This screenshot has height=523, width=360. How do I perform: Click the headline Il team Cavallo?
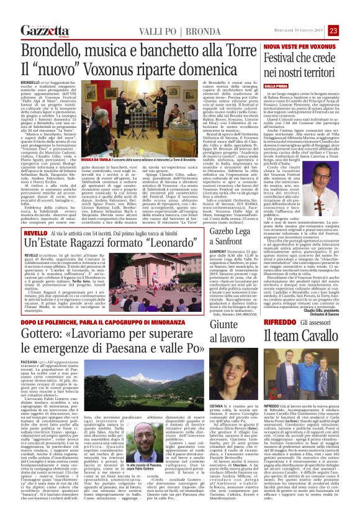coord(300,320)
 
